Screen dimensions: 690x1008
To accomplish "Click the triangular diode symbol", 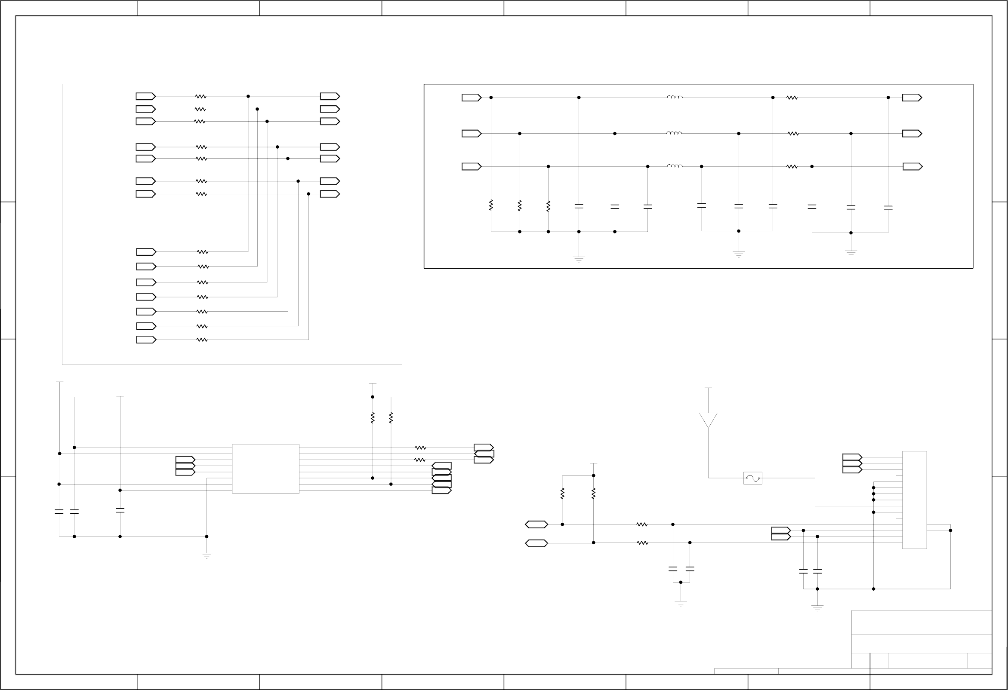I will [708, 420].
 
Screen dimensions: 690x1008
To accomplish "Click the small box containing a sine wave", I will [752, 478].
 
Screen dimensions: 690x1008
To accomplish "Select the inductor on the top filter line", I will [675, 97].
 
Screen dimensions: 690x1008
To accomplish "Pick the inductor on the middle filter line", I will [674, 133].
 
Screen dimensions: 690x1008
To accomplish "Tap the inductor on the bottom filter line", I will [675, 166].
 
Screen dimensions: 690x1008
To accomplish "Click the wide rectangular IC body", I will [265, 469].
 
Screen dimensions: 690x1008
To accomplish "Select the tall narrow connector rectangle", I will [914, 500].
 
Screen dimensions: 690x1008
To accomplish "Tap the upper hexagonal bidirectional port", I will [536, 524].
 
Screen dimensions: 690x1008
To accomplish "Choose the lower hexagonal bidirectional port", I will [536, 543].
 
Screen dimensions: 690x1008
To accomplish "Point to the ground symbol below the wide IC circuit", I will [207, 555].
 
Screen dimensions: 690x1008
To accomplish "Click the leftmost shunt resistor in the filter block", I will [491, 205].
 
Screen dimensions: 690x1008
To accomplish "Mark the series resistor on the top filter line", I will [792, 98].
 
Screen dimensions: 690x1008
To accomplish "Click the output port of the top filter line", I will [912, 98].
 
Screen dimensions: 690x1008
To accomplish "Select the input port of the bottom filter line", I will [472, 166].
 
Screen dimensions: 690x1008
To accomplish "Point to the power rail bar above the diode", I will [708, 388].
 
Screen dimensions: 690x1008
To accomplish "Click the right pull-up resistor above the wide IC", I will [391, 418].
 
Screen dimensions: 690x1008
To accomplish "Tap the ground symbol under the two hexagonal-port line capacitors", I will [681, 603].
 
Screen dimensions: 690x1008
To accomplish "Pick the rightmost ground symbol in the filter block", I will [851, 253].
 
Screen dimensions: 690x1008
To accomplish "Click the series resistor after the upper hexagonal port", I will [642, 524].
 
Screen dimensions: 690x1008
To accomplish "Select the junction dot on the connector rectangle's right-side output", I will [950, 531].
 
